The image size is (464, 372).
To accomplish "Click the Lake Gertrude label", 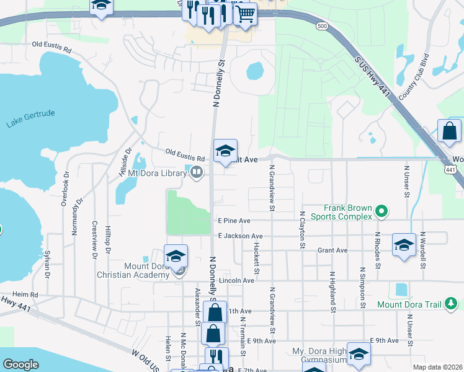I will coord(31,119).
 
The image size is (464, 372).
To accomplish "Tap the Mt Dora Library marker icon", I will coord(197,172).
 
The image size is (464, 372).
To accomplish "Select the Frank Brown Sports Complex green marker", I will coord(382,212).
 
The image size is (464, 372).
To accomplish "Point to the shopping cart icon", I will coord(245,13).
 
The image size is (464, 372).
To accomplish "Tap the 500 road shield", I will coord(321,26).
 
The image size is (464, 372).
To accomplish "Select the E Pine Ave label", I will coord(234,220).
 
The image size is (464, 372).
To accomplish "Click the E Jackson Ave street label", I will coord(240,236).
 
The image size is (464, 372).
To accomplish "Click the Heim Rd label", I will coord(25,294).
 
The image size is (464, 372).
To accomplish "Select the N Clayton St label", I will coord(302,230).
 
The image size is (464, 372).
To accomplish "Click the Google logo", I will coord(20,365).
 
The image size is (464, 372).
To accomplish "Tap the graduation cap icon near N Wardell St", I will coord(404,244).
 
